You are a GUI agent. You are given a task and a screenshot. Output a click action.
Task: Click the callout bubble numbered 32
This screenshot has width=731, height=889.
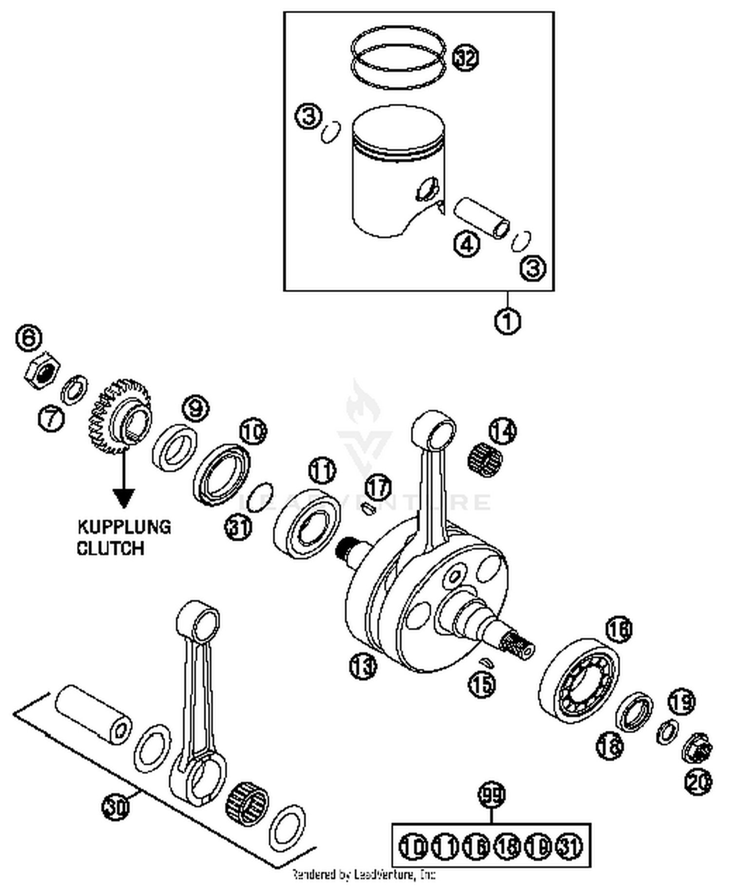(465, 58)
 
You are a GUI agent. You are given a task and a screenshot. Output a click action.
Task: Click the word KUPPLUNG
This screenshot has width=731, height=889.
(124, 527)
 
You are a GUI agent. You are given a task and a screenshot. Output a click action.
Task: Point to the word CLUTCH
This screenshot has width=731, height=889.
(111, 548)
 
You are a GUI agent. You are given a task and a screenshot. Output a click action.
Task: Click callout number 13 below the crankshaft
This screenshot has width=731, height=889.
(363, 666)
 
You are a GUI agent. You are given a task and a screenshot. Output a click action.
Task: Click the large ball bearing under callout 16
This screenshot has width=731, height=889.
(579, 681)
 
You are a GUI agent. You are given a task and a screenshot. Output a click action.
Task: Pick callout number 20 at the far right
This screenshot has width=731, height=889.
(698, 782)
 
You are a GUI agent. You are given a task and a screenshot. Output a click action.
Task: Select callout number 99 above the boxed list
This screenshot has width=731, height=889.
(492, 795)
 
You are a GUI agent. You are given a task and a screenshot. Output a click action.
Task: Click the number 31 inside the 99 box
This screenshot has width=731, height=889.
(570, 846)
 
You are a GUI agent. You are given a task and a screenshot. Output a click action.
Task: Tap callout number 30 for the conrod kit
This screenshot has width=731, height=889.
(115, 807)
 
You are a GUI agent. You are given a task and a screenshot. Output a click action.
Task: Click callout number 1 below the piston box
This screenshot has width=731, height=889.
(508, 321)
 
